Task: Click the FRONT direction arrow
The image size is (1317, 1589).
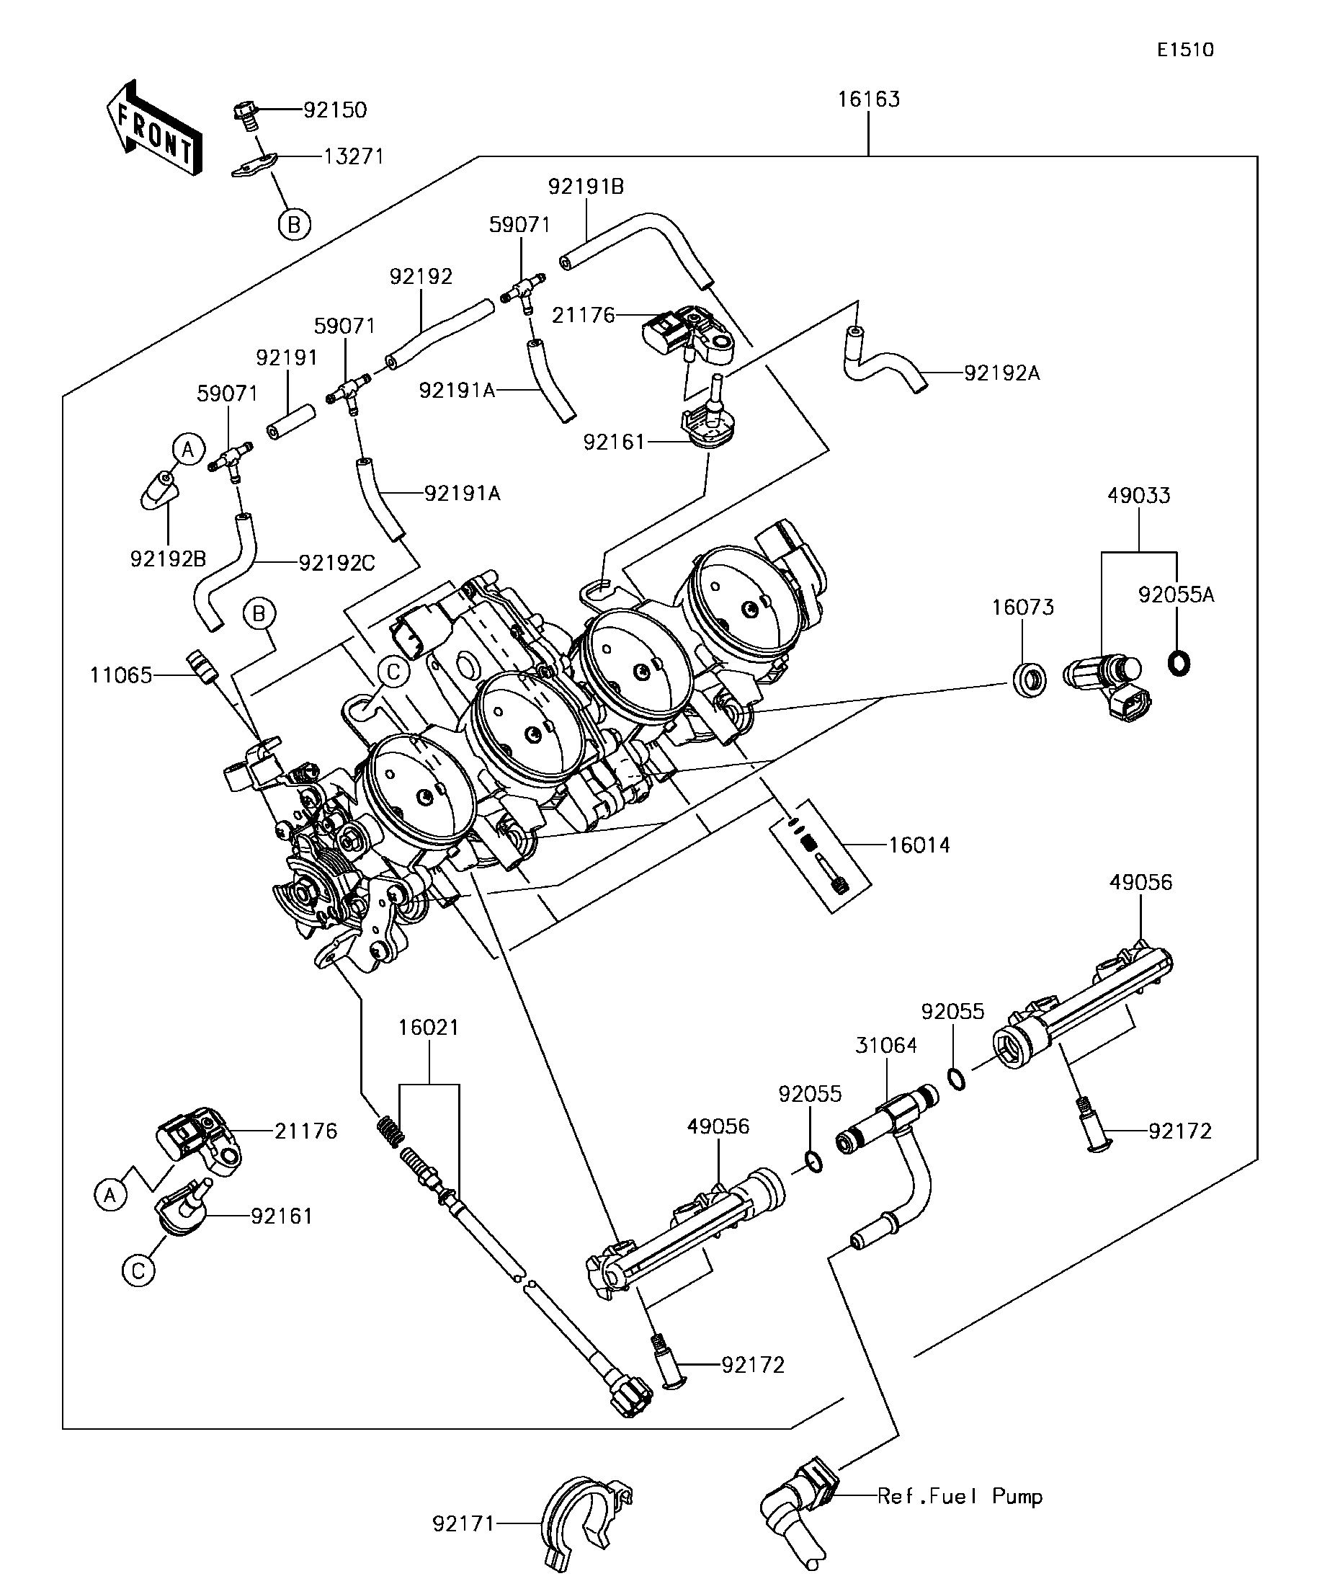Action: point(154,128)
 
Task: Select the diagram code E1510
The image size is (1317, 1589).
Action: point(1184,50)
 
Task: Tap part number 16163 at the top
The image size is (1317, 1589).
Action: point(868,100)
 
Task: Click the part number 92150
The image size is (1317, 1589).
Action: point(335,110)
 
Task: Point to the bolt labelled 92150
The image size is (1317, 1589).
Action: point(246,114)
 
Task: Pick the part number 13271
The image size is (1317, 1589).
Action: point(354,156)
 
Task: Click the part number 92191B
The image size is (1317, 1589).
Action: point(586,187)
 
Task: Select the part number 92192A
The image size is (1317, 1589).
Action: point(1001,373)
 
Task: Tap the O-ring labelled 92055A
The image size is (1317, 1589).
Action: point(1179,664)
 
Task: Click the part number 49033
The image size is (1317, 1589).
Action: point(1138,496)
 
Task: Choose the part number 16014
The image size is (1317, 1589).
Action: point(919,845)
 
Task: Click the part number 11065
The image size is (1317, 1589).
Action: point(121,675)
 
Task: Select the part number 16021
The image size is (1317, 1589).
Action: point(429,1028)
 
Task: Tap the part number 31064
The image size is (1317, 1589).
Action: point(886,1045)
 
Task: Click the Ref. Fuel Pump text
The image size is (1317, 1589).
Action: point(959,1496)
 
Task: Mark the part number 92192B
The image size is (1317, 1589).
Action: point(168,558)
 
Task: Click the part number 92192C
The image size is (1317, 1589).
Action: point(336,563)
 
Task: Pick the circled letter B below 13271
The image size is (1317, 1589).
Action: point(294,225)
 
